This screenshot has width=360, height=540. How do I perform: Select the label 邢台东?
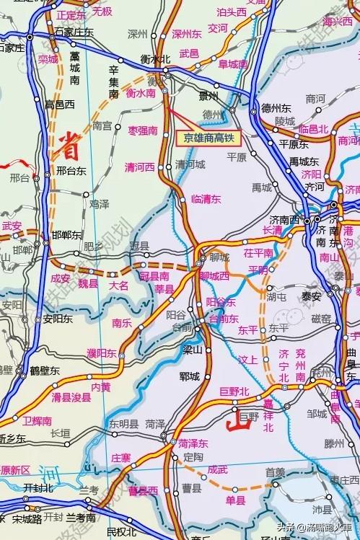coord(71,172)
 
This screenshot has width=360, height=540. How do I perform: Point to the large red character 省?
coord(69,141)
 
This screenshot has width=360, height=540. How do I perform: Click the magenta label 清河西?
coord(140,167)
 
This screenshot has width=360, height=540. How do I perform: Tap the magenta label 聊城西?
coord(214,275)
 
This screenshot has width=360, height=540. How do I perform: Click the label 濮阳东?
coord(102,352)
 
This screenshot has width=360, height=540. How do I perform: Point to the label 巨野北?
coord(234,391)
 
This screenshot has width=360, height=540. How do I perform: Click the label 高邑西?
coord(60,105)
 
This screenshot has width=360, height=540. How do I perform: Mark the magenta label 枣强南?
coord(143,130)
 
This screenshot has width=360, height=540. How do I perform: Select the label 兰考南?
coord(81,518)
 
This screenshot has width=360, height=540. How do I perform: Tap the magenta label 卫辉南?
coord(37,421)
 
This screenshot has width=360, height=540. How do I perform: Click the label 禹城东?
coord(304,161)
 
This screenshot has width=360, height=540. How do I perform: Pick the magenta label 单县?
coord(235,500)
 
